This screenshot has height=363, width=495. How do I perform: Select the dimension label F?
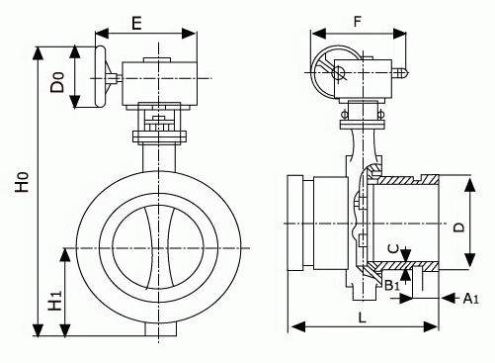coord(358,22)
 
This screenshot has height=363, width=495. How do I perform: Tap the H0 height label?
coord(23,182)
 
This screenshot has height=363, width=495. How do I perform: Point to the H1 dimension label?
coord(55,301)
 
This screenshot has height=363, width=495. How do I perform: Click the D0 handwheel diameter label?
coord(57,82)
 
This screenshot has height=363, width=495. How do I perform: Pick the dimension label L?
coord(363,318)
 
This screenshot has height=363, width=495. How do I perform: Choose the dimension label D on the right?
coord(458,227)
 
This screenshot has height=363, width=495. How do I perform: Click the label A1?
coord(471,299)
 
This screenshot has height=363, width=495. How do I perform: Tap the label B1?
coord(392,286)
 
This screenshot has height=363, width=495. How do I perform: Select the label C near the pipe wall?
coord(394,249)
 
